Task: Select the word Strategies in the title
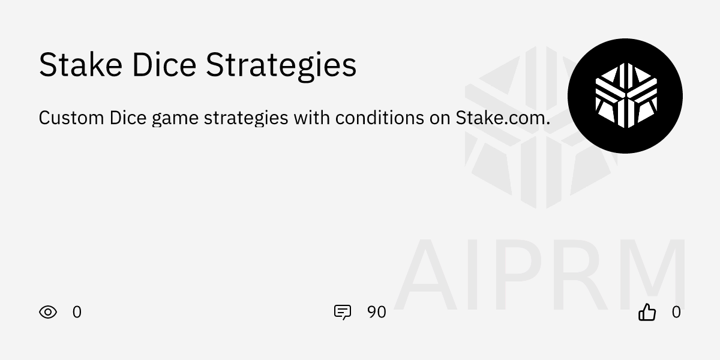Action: click(x=281, y=66)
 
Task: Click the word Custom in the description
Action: click(x=71, y=118)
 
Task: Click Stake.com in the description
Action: click(x=503, y=118)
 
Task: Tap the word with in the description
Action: click(x=311, y=118)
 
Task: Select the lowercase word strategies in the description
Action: click(x=246, y=119)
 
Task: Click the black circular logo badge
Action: click(x=625, y=96)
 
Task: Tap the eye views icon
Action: click(x=48, y=312)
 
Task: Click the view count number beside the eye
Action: click(x=77, y=312)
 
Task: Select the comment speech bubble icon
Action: click(x=342, y=312)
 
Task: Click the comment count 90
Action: click(x=376, y=312)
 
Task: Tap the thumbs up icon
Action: click(x=647, y=312)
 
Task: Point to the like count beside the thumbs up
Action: click(x=676, y=312)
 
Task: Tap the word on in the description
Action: click(x=439, y=118)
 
